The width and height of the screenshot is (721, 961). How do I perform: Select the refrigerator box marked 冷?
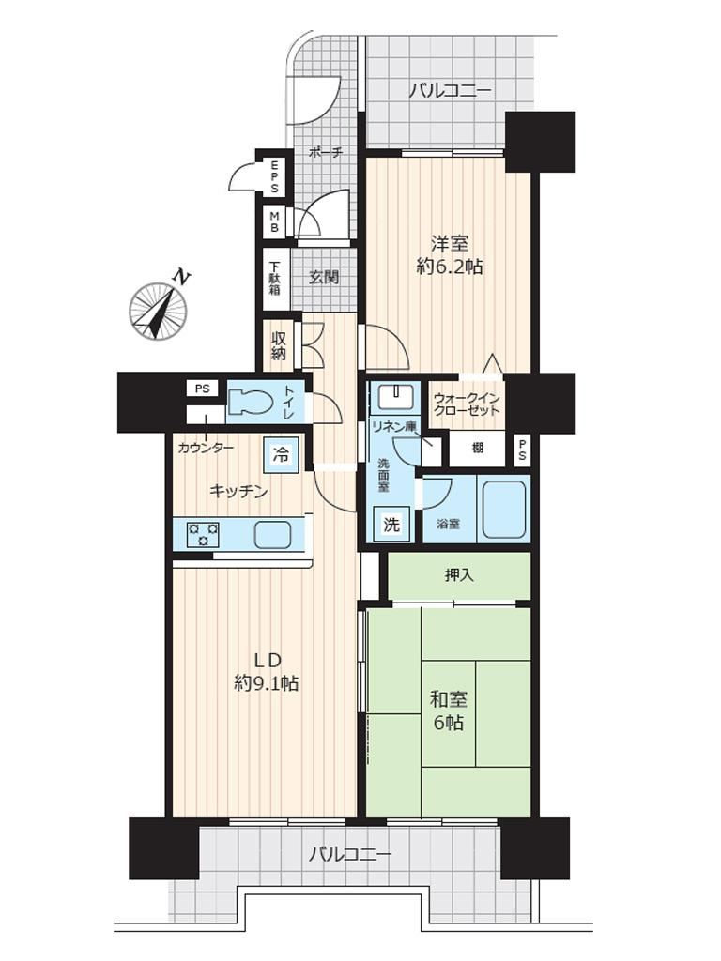pos(281,455)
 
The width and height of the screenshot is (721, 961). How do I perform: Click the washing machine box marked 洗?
pos(391,525)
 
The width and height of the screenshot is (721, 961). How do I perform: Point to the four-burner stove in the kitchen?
pos(204,534)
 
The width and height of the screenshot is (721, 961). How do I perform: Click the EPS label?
pos(274,176)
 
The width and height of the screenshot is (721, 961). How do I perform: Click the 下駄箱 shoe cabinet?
pos(275,279)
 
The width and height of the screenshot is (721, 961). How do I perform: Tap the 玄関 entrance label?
pos(323,278)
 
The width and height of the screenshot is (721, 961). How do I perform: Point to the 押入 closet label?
pos(459,575)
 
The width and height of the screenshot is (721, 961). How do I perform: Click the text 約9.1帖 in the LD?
pos(267,683)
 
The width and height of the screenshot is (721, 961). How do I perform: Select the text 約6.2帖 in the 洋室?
pos(449,267)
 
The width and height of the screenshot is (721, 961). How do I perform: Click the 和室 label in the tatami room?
pos(449,698)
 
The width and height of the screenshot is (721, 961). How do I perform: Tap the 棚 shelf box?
pos(478,449)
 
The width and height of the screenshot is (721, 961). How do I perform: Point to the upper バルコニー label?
pos(451,92)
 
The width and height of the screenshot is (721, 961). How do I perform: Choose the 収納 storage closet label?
pos(278,345)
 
